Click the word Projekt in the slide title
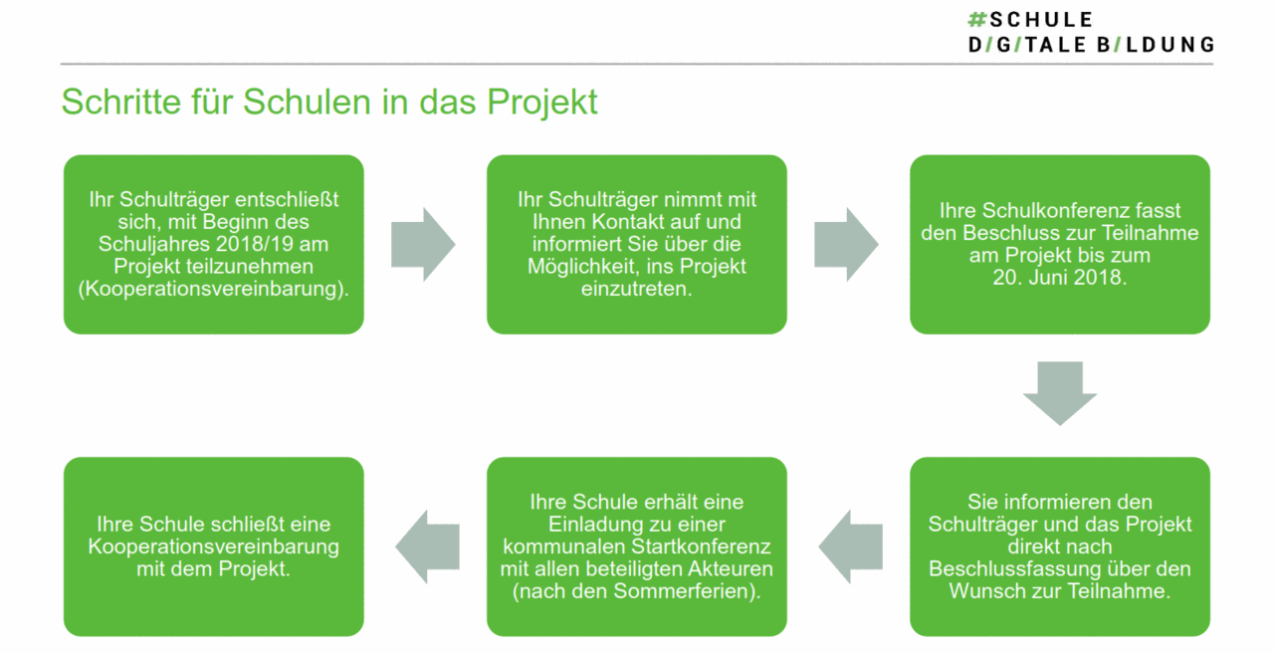(541, 103)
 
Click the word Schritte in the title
(121, 102)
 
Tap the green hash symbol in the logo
(976, 20)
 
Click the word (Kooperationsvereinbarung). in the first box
(213, 289)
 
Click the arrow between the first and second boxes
(423, 245)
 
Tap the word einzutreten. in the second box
(636, 289)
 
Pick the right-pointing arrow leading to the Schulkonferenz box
(846, 245)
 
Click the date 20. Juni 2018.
(1060, 278)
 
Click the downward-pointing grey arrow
(1060, 393)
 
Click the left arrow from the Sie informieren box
(851, 546)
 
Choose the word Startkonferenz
(702, 546)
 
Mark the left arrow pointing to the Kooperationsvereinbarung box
(428, 546)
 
